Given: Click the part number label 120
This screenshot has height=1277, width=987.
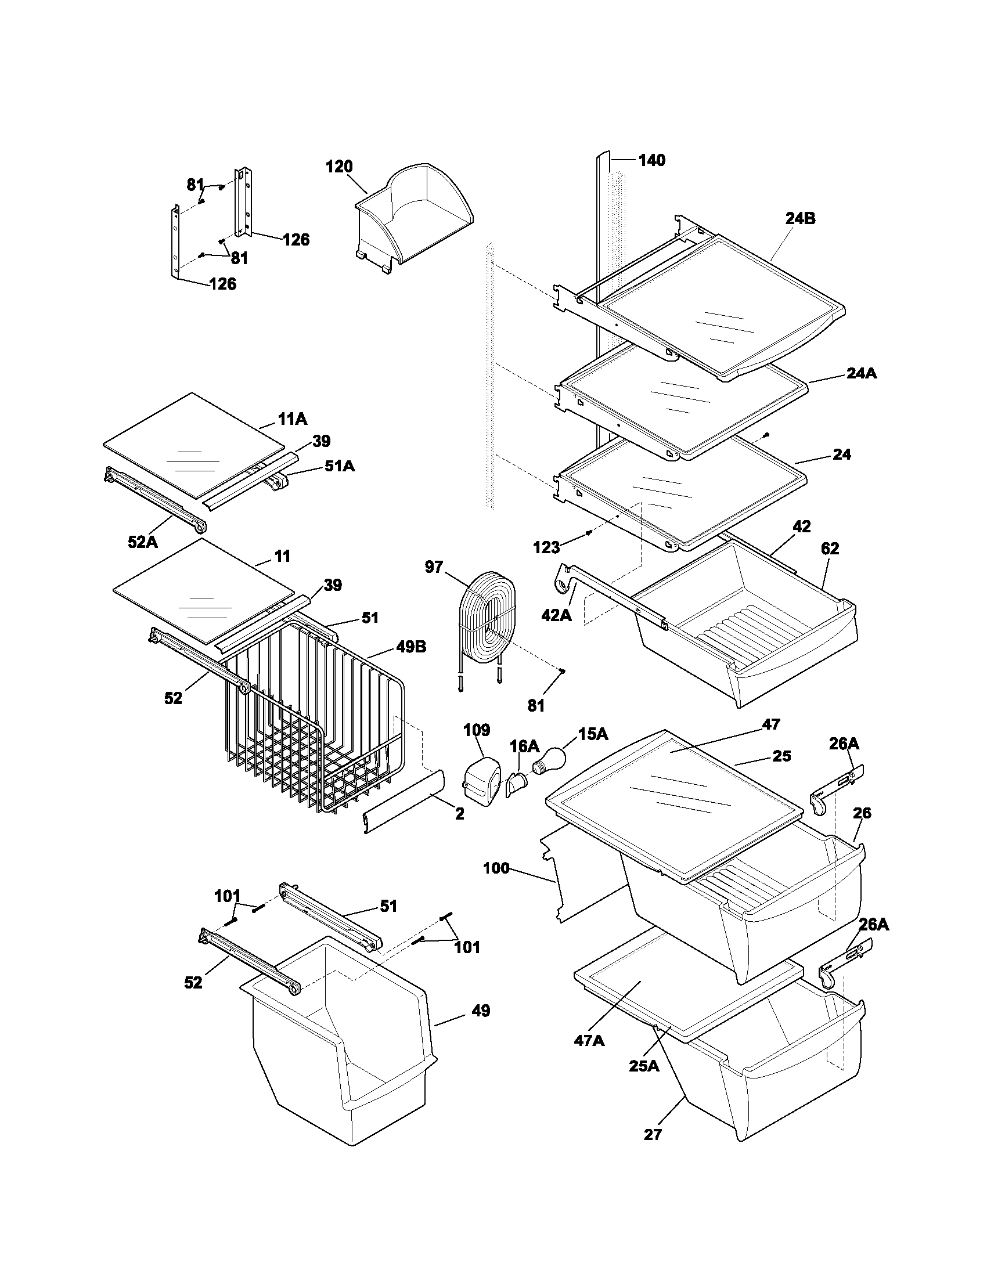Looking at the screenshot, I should tap(339, 167).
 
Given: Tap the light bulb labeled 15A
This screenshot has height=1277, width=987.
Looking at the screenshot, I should tap(548, 760).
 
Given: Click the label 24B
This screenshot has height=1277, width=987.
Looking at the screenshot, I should tap(800, 219).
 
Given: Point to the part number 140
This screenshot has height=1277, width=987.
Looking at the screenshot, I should tap(651, 160).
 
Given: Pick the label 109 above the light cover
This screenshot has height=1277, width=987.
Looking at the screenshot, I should tap(477, 730).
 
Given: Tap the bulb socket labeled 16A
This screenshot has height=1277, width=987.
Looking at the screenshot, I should tap(515, 784).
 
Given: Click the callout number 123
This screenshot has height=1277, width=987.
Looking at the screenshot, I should tap(547, 547).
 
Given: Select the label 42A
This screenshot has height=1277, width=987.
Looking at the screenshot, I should tap(556, 615).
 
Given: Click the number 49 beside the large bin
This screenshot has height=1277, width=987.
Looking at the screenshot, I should tap(481, 1011).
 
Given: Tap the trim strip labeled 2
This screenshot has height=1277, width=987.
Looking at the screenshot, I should tap(404, 801).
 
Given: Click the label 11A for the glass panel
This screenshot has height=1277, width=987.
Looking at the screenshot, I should tap(293, 419).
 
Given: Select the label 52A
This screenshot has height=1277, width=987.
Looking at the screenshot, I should tap(143, 542).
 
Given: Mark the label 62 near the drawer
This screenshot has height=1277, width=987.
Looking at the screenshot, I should tap(830, 549).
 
